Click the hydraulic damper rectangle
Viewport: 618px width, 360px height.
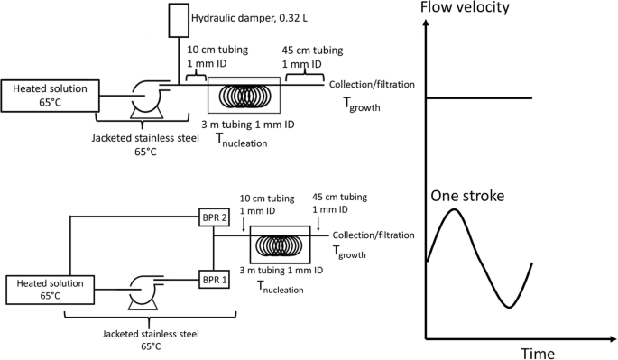(179, 20)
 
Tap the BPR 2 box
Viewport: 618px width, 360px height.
(214, 217)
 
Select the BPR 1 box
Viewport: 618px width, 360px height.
(214, 280)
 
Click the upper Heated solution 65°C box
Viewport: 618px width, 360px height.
(50, 96)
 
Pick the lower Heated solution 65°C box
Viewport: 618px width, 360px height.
(50, 290)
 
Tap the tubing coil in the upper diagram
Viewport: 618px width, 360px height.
(244, 95)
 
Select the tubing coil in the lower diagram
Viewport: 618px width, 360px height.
(279, 245)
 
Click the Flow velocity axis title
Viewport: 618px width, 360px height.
(465, 7)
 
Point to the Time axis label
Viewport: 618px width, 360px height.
(538, 353)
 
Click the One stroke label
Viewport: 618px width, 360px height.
(467, 196)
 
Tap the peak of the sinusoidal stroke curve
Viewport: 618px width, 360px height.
(455, 209)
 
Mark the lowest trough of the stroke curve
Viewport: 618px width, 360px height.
(509, 307)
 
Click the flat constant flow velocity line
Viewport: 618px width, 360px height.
(479, 97)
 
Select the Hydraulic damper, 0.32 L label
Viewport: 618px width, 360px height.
(249, 18)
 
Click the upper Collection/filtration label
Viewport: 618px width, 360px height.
(372, 85)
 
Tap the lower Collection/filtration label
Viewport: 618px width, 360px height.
(374, 235)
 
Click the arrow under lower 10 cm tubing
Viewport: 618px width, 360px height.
(244, 225)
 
